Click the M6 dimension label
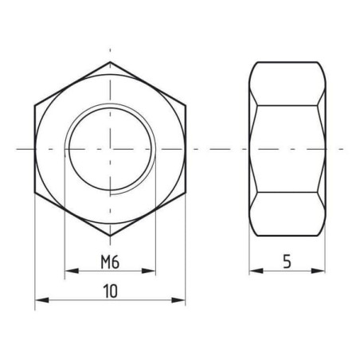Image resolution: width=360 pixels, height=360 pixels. point(110,262)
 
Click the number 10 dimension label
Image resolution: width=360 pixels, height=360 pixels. point(110,291)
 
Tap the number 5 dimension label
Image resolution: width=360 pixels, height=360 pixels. point(287,261)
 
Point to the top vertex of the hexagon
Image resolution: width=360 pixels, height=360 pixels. point(110,62)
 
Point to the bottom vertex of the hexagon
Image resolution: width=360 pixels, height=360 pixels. point(110,236)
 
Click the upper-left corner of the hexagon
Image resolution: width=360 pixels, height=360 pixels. point(35,106)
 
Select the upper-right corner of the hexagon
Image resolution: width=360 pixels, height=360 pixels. point(186,106)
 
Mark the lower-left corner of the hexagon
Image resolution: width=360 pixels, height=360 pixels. point(35,192)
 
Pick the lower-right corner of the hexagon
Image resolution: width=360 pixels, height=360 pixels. point(186,192)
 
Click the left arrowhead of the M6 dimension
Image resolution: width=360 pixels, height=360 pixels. point(72,271)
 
